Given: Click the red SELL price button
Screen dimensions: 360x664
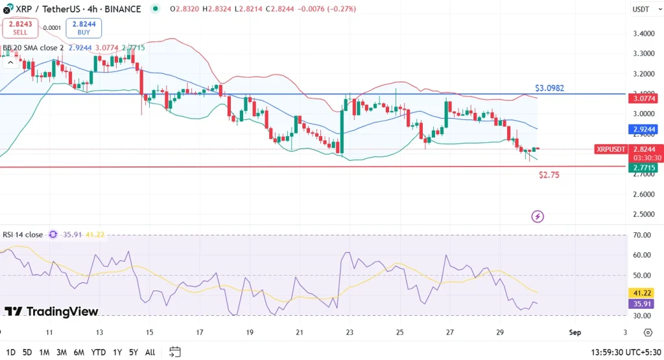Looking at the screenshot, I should [19, 28].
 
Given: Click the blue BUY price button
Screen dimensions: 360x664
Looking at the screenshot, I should [84, 28].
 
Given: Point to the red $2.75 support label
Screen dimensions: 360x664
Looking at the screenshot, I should [549, 175].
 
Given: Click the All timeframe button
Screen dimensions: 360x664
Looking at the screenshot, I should [150, 352].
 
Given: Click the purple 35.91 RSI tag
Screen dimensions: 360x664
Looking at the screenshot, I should [641, 304].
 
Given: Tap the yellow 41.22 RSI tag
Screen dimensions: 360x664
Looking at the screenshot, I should [641, 293].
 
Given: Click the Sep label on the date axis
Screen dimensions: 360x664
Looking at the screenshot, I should [575, 332].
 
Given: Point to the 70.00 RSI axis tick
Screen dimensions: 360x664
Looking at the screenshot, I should [641, 235].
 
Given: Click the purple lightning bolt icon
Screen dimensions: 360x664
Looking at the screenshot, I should [537, 216].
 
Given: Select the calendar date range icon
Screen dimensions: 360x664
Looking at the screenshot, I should [174, 352].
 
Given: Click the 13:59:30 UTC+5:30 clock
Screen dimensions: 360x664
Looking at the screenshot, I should [625, 352].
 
